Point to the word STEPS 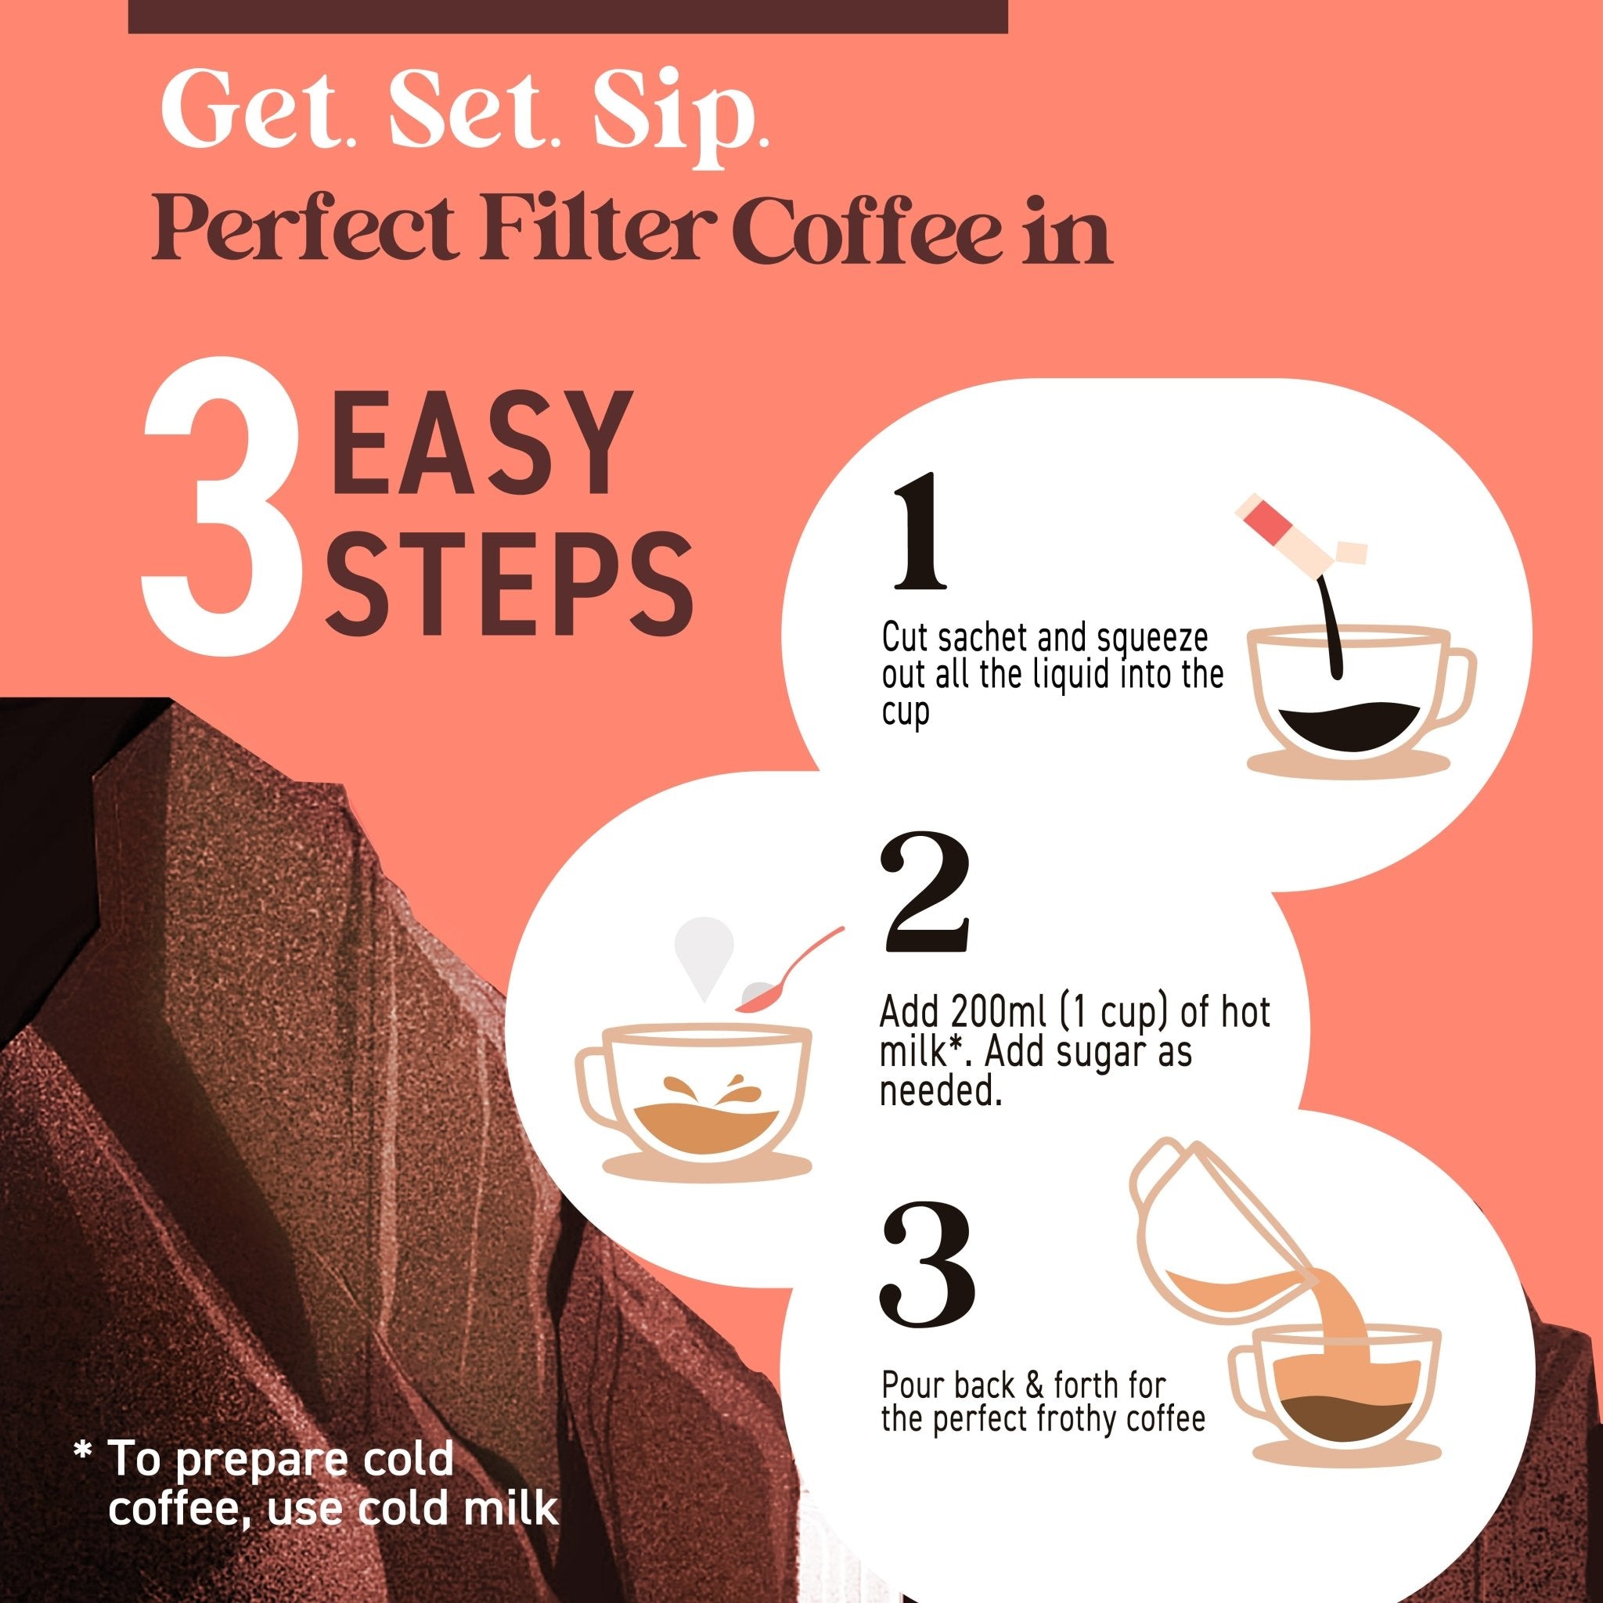[x=509, y=582]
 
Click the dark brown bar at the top [x=567, y=16]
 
